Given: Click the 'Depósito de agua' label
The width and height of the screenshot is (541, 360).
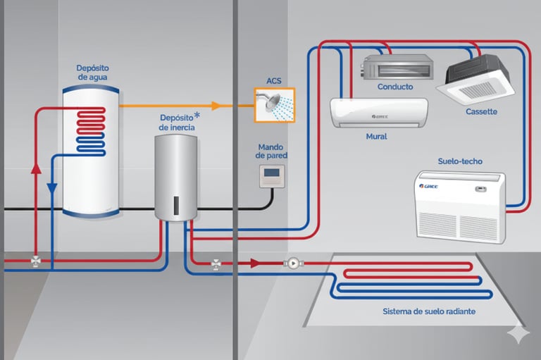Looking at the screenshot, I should (x=92, y=72).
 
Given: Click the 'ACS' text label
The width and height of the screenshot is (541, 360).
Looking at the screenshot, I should (x=274, y=81).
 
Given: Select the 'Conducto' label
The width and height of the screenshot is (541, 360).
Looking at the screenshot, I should (x=395, y=87).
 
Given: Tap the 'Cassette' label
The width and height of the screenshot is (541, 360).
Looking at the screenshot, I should (x=481, y=111).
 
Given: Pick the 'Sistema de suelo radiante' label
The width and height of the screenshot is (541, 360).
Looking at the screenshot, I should (x=428, y=311).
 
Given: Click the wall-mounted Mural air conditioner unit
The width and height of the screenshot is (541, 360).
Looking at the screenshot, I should (x=379, y=113).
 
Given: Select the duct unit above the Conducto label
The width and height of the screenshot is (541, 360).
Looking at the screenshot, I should (x=397, y=68).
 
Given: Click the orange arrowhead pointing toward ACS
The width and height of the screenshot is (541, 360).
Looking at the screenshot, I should (x=216, y=106).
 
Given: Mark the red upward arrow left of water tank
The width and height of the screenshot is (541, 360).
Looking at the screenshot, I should (x=37, y=168).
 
